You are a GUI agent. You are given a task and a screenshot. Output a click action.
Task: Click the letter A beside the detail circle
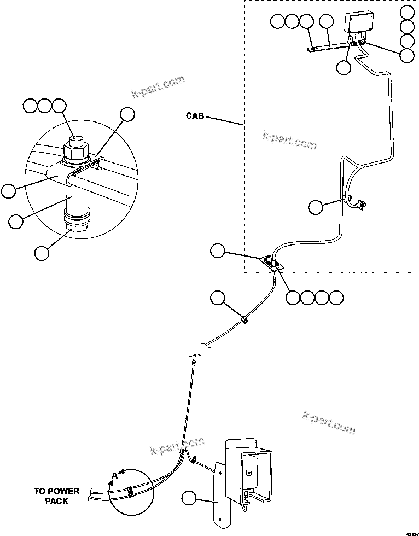click(x=114, y=476)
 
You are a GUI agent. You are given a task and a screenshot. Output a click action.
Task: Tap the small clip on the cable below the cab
click(x=245, y=319)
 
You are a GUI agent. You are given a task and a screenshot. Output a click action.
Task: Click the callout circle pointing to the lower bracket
click(x=189, y=498)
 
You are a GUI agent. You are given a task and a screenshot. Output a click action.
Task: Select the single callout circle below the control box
click(x=343, y=67)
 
